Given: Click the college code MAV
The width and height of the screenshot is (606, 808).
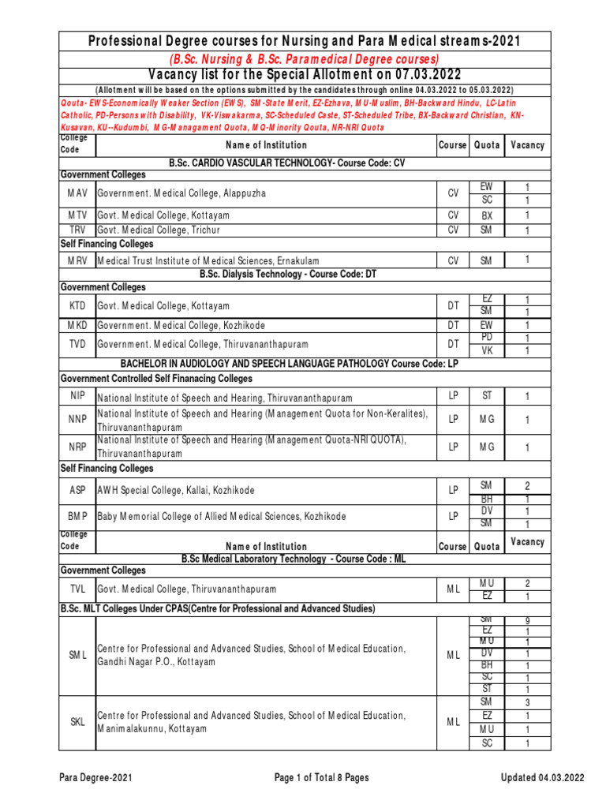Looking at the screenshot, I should pyautogui.click(x=77, y=193).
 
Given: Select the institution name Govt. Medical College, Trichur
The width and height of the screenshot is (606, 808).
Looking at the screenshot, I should pyautogui.click(x=159, y=230).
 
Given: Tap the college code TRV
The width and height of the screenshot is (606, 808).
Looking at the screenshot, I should pyautogui.click(x=77, y=230).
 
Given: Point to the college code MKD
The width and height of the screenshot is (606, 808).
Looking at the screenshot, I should pyautogui.click(x=77, y=325).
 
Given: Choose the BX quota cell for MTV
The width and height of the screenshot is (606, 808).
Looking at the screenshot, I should pyautogui.click(x=486, y=215).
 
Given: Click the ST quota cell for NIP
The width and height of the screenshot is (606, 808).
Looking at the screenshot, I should pyautogui.click(x=486, y=395).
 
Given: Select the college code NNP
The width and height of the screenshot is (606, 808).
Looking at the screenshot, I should pyautogui.click(x=77, y=421).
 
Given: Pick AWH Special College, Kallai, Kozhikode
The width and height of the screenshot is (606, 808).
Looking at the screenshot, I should pyautogui.click(x=175, y=490).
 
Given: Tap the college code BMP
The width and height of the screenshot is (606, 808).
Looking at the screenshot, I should pyautogui.click(x=77, y=517).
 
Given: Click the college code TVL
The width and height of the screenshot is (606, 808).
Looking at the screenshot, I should pyautogui.click(x=77, y=589).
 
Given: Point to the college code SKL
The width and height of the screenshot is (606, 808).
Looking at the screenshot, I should pyautogui.click(x=77, y=722).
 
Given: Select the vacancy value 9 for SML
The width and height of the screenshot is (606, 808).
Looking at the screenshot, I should pyautogui.click(x=527, y=621).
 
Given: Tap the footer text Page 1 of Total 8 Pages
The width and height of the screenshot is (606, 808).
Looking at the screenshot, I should pyautogui.click(x=321, y=778).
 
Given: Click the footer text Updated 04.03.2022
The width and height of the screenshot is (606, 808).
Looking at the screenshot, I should pyautogui.click(x=543, y=778).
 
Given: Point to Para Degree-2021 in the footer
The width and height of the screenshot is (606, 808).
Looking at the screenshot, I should pyautogui.click(x=95, y=778).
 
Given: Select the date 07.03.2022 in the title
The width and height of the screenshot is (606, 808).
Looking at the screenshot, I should pyautogui.click(x=424, y=74).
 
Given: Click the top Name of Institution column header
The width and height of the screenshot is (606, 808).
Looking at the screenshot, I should pyautogui.click(x=266, y=145).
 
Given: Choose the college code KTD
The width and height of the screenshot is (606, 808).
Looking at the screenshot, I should pyautogui.click(x=77, y=305).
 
